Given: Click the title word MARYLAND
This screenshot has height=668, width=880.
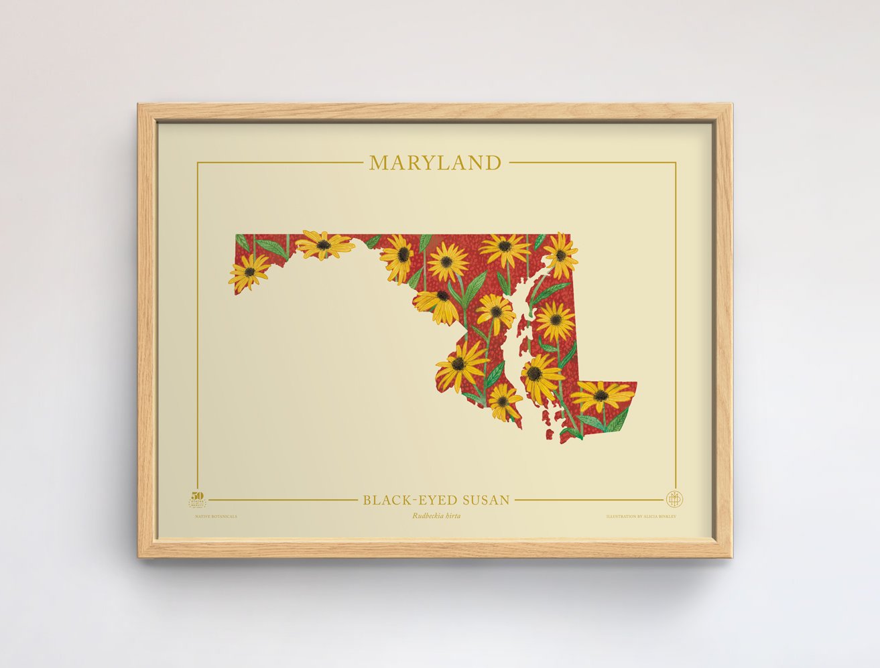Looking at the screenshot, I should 435,163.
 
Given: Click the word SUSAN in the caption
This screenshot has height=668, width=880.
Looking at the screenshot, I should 484,500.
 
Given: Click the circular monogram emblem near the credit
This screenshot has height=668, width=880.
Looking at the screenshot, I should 672,499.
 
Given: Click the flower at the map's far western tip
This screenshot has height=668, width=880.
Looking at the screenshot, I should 249,272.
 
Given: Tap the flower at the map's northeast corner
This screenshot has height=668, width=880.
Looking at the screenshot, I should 560,255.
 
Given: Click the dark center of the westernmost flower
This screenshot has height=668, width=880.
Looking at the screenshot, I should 249,272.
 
